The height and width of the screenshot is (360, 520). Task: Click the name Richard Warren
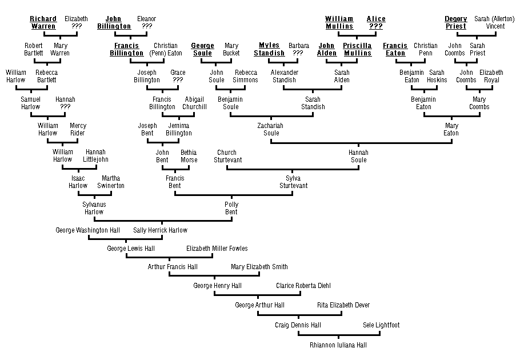tap(43, 22)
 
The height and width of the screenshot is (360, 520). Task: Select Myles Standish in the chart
tap(269, 49)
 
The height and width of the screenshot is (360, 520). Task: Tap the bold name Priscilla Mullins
tap(357, 49)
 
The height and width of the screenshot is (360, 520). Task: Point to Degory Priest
tap(455, 22)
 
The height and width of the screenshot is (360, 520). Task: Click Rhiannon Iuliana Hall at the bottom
tap(338, 345)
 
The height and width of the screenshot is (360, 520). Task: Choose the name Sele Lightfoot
tap(381, 325)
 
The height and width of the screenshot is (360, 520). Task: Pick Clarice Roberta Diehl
tap(303, 286)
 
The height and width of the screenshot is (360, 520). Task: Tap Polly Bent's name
tap(231, 208)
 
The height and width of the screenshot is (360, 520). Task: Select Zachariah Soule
tap(271, 129)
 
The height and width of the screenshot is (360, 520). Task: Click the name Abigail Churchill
tap(194, 103)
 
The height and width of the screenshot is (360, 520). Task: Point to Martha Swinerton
tap(111, 182)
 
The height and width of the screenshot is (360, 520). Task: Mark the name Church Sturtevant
tap(227, 156)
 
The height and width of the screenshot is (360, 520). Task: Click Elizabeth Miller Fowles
tap(217, 249)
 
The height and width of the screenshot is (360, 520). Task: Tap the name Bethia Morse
tap(189, 156)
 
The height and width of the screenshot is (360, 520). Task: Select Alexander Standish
tap(284, 76)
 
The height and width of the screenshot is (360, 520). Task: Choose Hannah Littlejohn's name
tap(95, 155)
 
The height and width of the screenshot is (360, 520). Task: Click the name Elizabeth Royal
tap(491, 76)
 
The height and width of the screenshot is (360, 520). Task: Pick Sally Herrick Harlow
tap(160, 230)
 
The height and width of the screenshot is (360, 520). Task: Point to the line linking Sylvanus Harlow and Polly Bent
tap(163, 220)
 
